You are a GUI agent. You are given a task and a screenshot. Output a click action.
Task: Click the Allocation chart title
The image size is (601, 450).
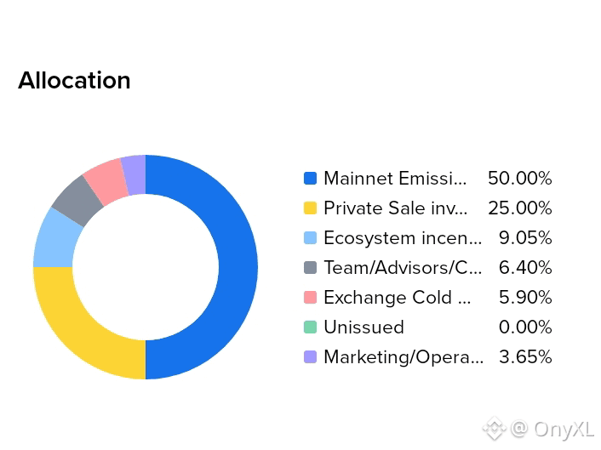click(74, 81)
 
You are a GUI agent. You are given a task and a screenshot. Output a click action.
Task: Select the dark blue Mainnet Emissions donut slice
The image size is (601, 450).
click(238, 267)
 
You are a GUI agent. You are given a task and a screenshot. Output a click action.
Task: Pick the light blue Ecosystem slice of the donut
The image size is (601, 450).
click(54, 242)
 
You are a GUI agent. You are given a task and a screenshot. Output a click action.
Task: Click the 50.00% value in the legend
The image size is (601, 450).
click(520, 178)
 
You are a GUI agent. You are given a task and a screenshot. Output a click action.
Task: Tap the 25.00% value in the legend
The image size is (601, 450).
click(520, 208)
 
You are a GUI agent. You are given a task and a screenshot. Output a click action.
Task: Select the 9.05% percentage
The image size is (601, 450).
click(525, 238)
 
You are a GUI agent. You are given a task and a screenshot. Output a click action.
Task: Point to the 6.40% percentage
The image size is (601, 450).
click(525, 268)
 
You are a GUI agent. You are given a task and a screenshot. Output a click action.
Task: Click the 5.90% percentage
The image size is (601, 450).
click(525, 297)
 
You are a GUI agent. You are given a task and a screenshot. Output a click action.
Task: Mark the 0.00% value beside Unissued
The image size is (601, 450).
click(525, 327)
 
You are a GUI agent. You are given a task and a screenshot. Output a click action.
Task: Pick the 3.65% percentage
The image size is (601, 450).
click(525, 357)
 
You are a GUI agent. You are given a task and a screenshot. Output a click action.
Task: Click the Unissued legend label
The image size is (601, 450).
click(363, 327)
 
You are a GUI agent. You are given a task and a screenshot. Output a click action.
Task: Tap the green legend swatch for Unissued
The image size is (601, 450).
click(310, 328)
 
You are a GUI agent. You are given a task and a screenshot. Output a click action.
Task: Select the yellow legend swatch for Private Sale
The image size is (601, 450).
click(310, 208)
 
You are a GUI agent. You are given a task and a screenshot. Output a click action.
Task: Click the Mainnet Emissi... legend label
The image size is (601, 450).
click(395, 178)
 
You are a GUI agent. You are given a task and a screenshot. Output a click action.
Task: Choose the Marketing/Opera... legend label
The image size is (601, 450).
click(404, 357)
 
